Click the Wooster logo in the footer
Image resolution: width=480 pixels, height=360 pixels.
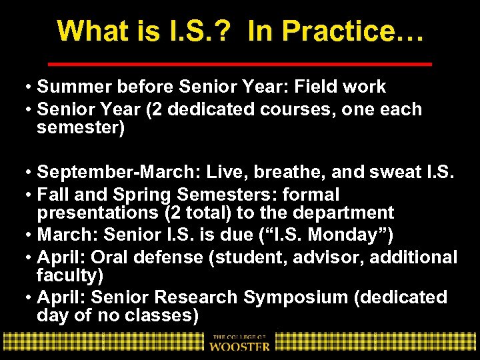tap(240, 341)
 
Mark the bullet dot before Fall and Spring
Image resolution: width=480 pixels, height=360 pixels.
tap(29, 195)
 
